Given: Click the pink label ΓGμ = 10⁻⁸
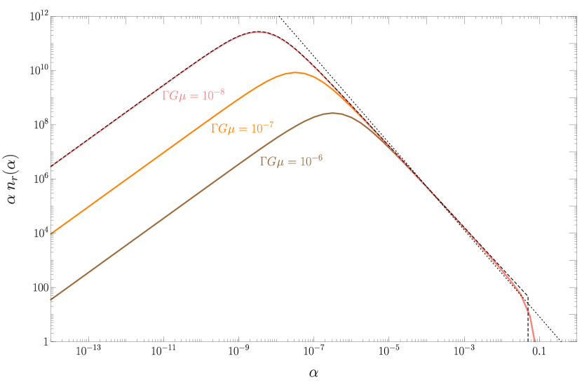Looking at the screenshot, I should (193, 95).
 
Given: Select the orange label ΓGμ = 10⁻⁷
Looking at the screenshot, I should (242, 128).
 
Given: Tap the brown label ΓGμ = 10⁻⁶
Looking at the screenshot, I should (291, 161).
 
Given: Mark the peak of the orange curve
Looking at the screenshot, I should (296, 72).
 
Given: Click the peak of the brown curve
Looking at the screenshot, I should (333, 113).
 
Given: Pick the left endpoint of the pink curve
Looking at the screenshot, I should (50, 167).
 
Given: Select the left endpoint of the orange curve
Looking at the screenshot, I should (50, 233).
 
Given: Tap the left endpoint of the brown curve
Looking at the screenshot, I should (50, 299).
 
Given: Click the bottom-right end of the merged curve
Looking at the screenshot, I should (534, 341).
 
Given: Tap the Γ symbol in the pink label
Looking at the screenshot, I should (165, 96).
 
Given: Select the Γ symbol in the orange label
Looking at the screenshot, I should (214, 129).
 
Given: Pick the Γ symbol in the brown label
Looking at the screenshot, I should (263, 161).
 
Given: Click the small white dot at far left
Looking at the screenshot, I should (14, 191).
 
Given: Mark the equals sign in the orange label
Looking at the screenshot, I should (243, 129).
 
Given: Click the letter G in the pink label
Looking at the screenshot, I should (172, 96).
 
